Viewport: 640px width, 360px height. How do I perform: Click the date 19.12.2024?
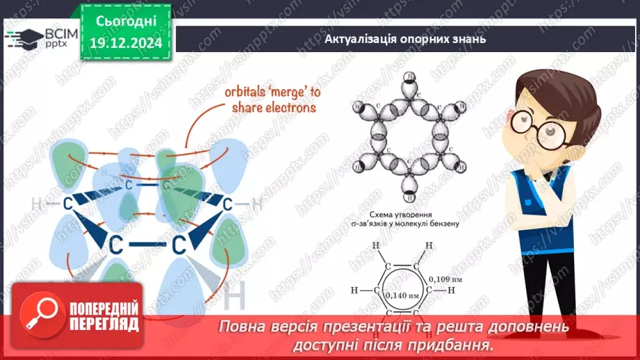tap(126, 43)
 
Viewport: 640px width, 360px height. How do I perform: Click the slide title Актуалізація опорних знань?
tap(405, 39)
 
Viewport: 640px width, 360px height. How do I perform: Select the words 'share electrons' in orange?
tap(274, 108)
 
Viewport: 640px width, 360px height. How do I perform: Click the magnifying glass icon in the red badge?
tap(41, 319)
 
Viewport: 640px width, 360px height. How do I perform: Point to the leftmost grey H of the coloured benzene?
tap(37, 204)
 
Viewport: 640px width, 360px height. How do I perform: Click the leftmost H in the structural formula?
tap(354, 290)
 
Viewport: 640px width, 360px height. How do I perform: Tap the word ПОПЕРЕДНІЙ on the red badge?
tap(105, 309)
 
